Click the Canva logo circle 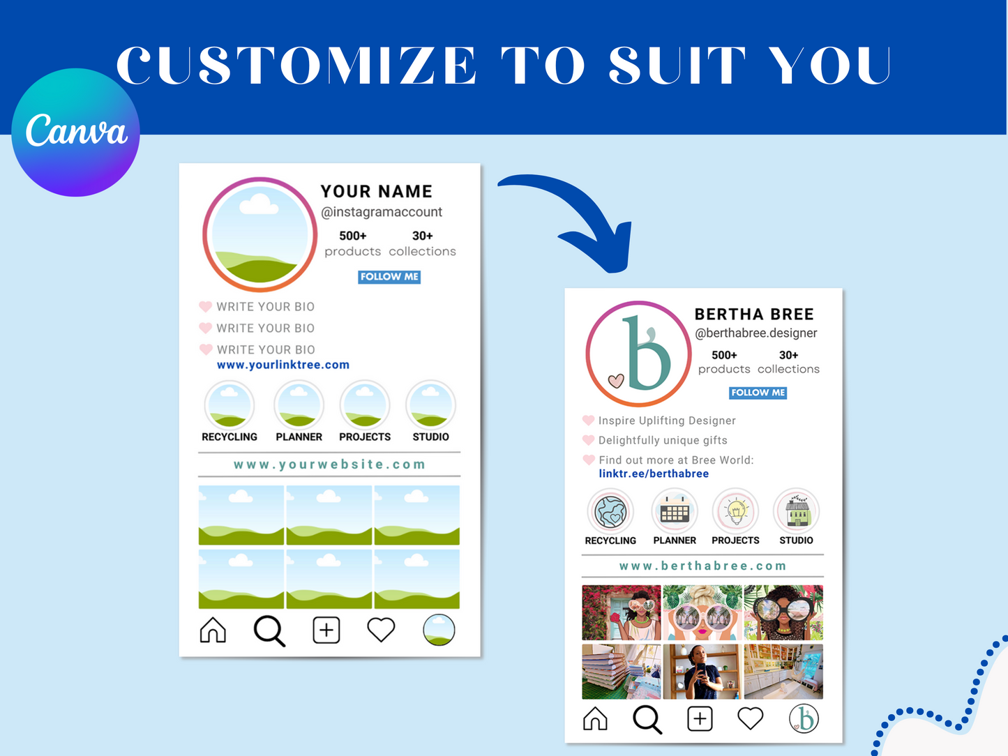[75, 133]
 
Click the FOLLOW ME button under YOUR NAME [389, 277]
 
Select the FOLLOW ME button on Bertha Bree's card [758, 393]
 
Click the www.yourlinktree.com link [283, 365]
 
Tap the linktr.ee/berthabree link [654, 474]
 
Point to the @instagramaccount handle [382, 212]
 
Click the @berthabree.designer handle [756, 333]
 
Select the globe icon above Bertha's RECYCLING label [610, 511]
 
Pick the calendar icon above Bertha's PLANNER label [675, 511]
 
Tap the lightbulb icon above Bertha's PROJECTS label [736, 511]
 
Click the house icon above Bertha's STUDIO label [797, 511]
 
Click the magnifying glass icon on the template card [269, 630]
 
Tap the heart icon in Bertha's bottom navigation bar [751, 718]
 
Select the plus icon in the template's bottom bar [326, 630]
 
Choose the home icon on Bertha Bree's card [595, 718]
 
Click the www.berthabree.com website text [702, 566]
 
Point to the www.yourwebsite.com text [329, 464]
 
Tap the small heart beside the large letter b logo [615, 380]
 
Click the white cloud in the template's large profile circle [258, 204]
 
